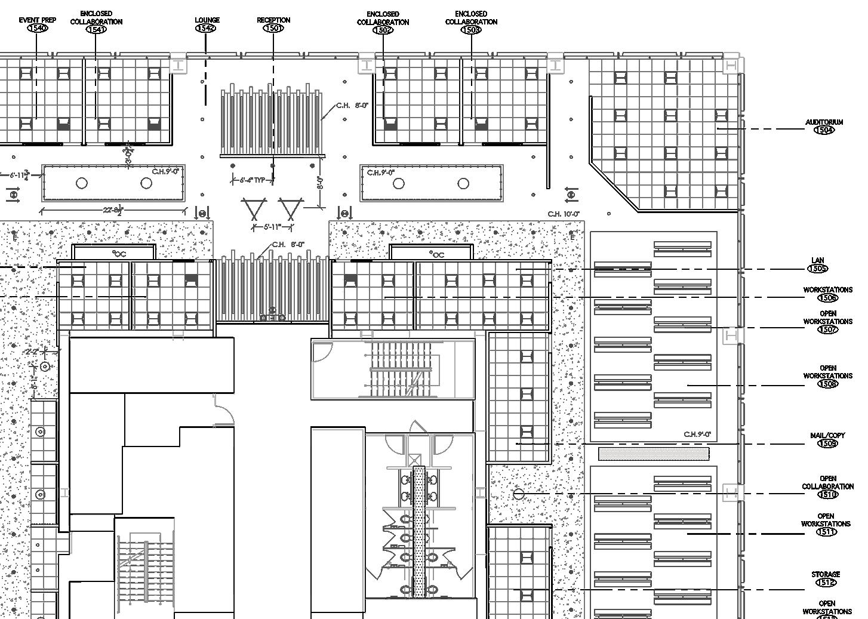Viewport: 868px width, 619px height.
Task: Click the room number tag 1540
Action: (37, 28)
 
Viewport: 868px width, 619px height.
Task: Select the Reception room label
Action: (273, 20)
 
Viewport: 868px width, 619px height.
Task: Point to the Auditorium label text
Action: (824, 122)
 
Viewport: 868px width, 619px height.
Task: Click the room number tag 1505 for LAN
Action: (817, 269)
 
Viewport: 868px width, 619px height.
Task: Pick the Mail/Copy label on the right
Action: (827, 435)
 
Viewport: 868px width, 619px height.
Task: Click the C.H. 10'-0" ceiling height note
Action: (564, 214)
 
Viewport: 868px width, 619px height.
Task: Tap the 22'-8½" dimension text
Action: (112, 210)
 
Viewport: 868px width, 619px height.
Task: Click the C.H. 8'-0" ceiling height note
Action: (352, 106)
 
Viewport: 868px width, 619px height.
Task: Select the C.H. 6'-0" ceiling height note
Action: (288, 245)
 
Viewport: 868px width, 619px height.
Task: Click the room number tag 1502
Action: (383, 30)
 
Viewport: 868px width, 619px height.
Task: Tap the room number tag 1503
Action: (470, 30)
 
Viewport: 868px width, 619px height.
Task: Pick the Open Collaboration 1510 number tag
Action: (827, 494)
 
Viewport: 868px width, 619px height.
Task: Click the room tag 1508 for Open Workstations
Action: (827, 384)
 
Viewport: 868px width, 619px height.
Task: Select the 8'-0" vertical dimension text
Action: (320, 183)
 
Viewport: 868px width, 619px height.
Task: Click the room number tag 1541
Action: (96, 29)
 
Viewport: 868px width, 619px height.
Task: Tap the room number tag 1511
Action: (826, 532)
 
